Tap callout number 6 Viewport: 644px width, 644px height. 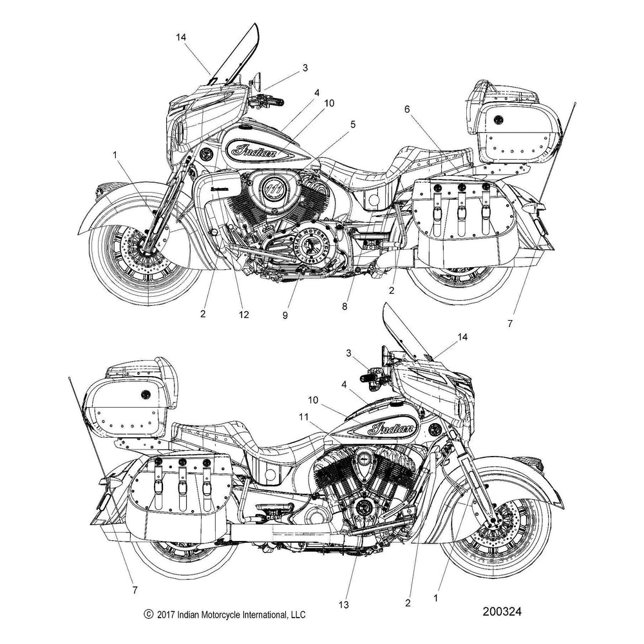point(407,110)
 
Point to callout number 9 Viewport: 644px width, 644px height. point(284,316)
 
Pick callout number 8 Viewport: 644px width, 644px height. point(345,307)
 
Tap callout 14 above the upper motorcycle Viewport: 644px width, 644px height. point(181,38)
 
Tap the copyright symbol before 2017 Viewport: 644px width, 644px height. point(149,616)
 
